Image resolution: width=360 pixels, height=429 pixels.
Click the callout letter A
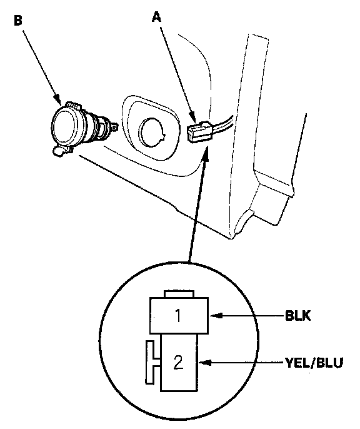[157, 18]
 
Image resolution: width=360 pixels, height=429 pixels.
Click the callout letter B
[18, 21]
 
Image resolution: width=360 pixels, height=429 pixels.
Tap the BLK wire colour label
[297, 315]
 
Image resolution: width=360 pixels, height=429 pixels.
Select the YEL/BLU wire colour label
[314, 363]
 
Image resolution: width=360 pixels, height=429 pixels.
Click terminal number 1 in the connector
[178, 315]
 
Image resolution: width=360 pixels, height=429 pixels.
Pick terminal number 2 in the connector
[178, 363]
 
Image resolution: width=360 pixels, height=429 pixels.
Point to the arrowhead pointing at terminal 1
[216, 315]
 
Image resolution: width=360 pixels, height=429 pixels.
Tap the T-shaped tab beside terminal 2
[153, 362]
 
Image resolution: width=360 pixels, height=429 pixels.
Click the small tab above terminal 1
[179, 294]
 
